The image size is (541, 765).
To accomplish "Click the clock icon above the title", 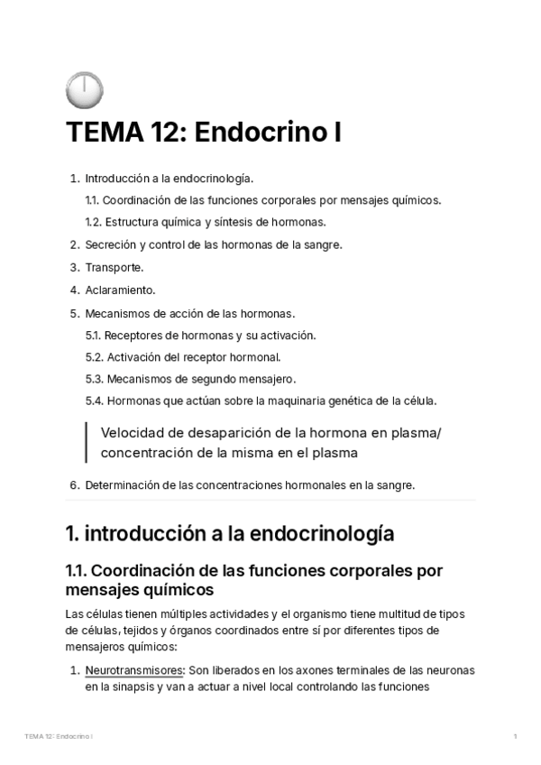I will pos(84,90).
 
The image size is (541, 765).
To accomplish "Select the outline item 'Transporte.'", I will pos(115,267).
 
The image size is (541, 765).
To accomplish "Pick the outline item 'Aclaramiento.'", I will pos(121,290).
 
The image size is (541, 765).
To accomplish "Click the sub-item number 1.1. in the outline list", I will pos(94,199).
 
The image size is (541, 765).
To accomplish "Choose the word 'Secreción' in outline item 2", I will pos(111,244).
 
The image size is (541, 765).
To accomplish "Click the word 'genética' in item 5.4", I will pos(356,401).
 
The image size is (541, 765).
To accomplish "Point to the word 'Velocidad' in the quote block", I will pos(133,433).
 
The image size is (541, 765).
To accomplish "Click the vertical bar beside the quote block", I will pos(87,442).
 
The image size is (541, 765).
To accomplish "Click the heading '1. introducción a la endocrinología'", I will pos(230,534).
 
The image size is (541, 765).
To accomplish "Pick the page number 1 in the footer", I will pos(514,737).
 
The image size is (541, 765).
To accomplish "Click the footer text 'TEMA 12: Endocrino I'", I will pos(60,737).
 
